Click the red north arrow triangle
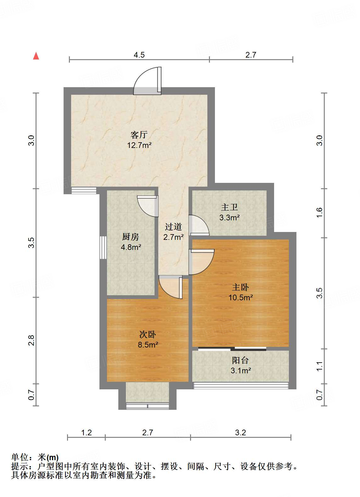click(x=36, y=56)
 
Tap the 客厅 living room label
click(x=139, y=135)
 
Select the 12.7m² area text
click(x=139, y=145)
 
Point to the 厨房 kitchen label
click(x=130, y=237)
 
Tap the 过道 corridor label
click(x=173, y=227)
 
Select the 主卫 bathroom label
click(x=229, y=207)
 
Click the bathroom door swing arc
click(x=198, y=225)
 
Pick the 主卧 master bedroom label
click(x=240, y=287)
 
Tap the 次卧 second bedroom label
click(x=147, y=334)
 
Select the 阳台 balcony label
click(x=240, y=360)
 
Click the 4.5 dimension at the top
click(x=139, y=55)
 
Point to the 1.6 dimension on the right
click(x=319, y=212)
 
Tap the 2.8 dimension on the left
click(x=31, y=340)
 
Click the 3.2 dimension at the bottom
click(x=240, y=432)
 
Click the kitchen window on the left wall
click(x=103, y=248)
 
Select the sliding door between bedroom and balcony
click(x=232, y=348)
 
